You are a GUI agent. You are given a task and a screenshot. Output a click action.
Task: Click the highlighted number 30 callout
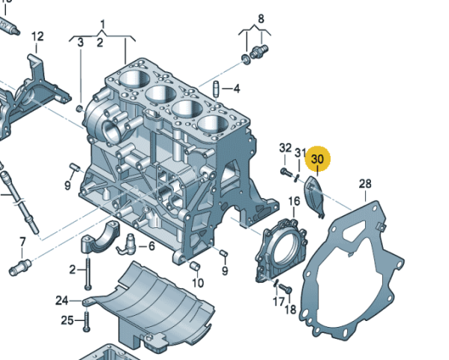(318, 159)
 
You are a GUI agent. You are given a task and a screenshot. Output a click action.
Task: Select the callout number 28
(365, 184)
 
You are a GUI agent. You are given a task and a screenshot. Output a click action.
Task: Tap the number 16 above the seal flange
(294, 201)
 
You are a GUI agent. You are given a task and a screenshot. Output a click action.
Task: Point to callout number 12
(37, 36)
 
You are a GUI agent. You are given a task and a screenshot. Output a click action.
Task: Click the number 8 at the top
(261, 18)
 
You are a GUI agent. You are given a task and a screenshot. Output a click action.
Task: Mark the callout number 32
(285, 147)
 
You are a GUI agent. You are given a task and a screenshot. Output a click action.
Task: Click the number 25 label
(67, 321)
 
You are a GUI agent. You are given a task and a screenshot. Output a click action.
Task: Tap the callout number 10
(197, 283)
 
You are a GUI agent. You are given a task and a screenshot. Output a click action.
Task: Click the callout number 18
(290, 309)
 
